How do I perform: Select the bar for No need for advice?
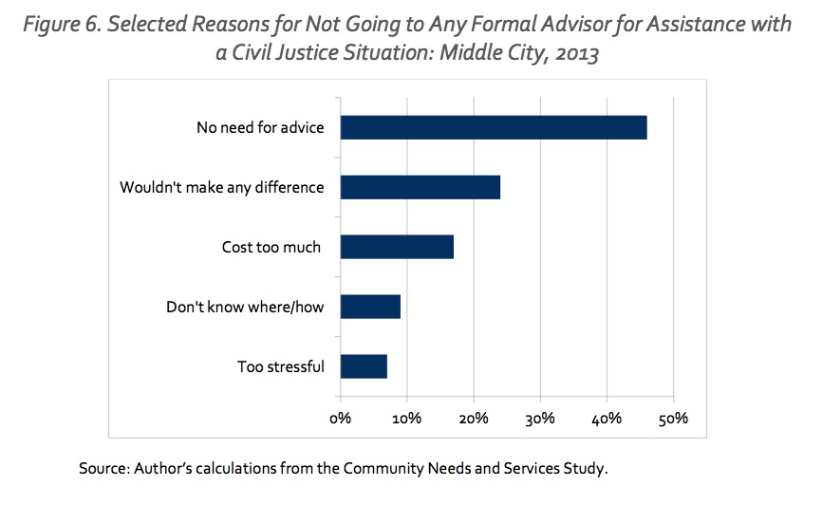click(x=494, y=127)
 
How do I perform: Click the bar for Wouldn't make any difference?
click(x=420, y=187)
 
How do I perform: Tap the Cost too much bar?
click(x=397, y=247)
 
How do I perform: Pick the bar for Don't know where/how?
click(x=370, y=307)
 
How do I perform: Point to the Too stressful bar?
click(x=364, y=366)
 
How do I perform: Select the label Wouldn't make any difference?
click(x=222, y=187)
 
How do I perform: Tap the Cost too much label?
click(x=265, y=247)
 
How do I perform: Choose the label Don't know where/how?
click(x=245, y=307)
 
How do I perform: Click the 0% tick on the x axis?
click(x=340, y=418)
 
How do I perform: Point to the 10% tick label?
click(x=407, y=418)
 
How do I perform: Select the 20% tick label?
click(x=474, y=418)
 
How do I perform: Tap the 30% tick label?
click(x=540, y=418)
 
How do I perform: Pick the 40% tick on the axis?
click(x=607, y=418)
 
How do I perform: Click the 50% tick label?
click(x=674, y=418)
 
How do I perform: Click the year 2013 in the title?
click(x=578, y=54)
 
